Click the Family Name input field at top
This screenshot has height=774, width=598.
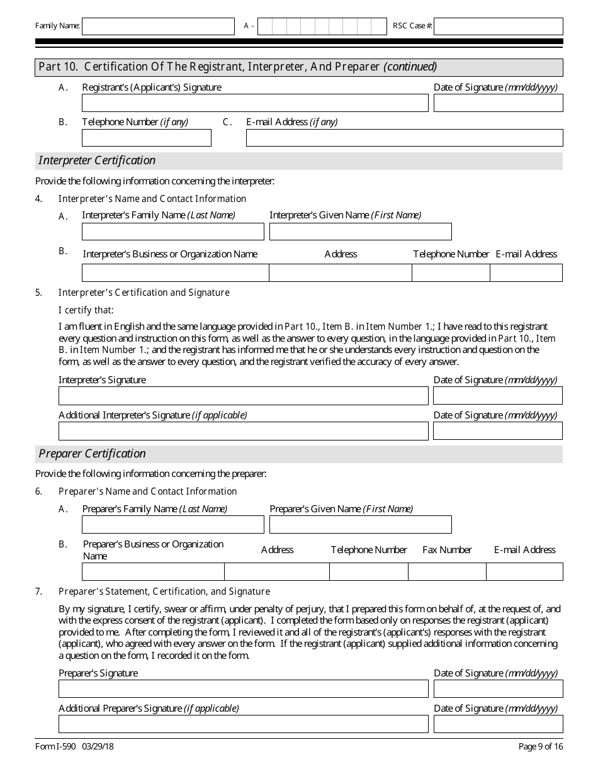click(x=158, y=26)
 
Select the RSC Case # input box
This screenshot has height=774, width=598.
click(x=498, y=26)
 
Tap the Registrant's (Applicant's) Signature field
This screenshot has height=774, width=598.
click(x=255, y=103)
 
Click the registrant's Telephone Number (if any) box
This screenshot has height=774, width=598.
click(x=147, y=138)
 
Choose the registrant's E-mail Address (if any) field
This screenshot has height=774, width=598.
click(x=404, y=138)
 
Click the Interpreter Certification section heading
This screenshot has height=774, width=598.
click(x=97, y=160)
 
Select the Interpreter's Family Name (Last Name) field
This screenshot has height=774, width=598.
click(x=173, y=232)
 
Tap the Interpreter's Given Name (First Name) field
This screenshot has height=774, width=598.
click(x=360, y=232)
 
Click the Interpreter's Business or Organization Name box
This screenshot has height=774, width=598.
click(x=176, y=272)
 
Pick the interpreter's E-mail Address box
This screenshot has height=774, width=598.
click(x=526, y=272)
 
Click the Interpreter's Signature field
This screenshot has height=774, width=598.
click(x=244, y=396)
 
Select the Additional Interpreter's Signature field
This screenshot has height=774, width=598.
click(x=244, y=431)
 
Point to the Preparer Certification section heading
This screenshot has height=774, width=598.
click(x=92, y=454)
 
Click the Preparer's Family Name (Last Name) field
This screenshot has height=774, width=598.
click(x=173, y=525)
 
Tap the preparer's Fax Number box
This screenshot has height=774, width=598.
click(x=447, y=571)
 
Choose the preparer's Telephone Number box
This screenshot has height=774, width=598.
click(x=368, y=571)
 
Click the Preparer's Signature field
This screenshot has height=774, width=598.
click(x=244, y=689)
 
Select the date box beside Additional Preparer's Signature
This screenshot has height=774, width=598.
click(x=498, y=724)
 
